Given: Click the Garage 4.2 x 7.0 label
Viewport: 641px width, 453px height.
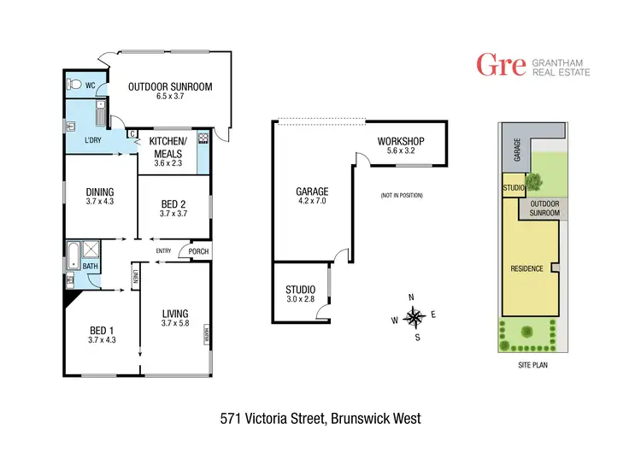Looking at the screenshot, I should click(312, 196).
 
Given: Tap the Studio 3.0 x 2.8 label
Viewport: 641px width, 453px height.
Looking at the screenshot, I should click(300, 293).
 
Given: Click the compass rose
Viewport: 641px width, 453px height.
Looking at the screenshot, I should click(415, 317).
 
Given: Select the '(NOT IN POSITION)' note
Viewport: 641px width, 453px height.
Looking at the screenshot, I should click(402, 196).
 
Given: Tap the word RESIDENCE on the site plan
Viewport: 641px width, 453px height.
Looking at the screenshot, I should click(526, 268).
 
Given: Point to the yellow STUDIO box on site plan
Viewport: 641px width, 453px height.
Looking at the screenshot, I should click(513, 186).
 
